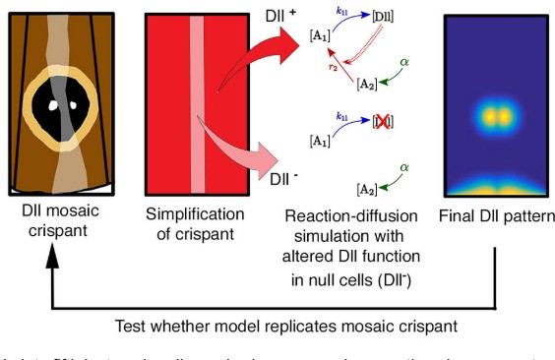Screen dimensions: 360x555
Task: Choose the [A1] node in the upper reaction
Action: point(320,36)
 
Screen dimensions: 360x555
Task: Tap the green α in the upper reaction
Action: point(401,62)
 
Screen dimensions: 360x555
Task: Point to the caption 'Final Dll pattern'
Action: point(489,212)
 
